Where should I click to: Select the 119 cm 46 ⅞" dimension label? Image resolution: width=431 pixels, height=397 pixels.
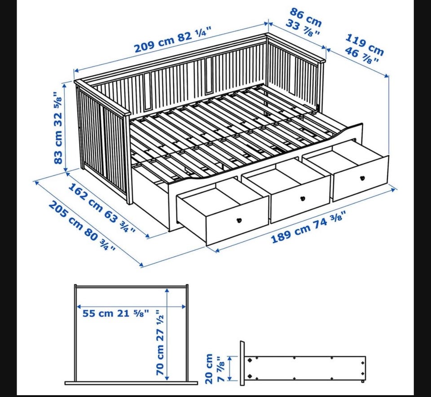click(x=363, y=48)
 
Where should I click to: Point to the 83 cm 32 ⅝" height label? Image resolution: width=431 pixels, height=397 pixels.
click(x=58, y=128)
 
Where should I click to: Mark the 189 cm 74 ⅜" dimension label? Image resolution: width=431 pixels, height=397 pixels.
click(x=308, y=227)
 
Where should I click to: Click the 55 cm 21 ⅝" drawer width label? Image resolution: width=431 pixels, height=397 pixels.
click(x=116, y=313)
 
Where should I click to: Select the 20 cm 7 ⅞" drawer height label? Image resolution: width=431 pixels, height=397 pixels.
click(x=215, y=368)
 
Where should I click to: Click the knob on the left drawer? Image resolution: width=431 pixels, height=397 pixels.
click(x=239, y=220)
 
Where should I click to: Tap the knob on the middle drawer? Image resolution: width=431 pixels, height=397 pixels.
click(x=303, y=198)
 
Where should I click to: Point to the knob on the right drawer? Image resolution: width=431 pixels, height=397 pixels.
click(x=362, y=178)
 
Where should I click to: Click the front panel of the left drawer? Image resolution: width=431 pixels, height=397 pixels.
click(x=237, y=220)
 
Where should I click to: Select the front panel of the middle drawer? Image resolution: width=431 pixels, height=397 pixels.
click(x=301, y=198)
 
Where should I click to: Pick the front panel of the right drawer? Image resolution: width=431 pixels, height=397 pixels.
click(x=361, y=179)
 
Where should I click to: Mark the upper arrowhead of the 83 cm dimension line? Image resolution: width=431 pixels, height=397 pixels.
click(x=65, y=85)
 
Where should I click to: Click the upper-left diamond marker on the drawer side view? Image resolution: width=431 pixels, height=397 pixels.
click(x=250, y=360)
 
